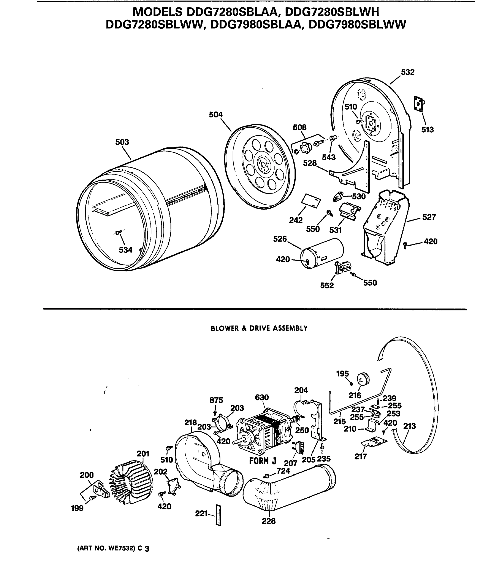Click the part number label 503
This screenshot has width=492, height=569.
pos(122,142)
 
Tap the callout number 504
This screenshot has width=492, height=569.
pos(216,115)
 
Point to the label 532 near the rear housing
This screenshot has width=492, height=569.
pos(407,72)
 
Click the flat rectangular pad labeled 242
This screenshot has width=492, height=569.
pos(311,201)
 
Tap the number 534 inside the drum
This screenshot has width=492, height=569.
pos(125,250)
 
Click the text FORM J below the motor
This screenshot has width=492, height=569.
pos(262,461)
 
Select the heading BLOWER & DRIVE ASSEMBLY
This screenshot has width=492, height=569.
pos(259,328)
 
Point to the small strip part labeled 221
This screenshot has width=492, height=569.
pos(218,515)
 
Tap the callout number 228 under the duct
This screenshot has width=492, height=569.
pos(268,521)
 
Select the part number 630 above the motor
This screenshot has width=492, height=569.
pos(262,397)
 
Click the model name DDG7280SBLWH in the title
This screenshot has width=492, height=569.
pos(332,12)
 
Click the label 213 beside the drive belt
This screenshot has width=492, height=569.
pos(410,426)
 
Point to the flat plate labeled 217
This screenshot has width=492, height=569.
pos(374,442)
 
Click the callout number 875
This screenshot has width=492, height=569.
pos(216,400)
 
